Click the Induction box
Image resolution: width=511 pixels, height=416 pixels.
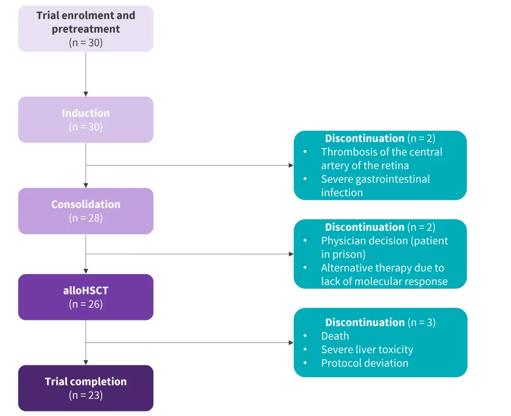[x=85, y=119]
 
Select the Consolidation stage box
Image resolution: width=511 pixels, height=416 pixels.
[x=85, y=211]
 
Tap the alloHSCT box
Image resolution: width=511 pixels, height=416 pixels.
[x=85, y=297]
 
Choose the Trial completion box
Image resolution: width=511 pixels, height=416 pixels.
[x=85, y=388]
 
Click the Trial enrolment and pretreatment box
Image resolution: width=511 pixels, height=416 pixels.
[x=85, y=29]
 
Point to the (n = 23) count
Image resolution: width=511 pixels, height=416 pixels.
[x=85, y=395]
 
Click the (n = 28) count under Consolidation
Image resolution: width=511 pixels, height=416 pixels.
[x=85, y=218]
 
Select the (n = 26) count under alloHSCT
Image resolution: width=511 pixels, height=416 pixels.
[x=85, y=305]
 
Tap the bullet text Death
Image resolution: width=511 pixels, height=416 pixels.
[x=335, y=336]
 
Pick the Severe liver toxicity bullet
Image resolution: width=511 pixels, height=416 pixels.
[x=367, y=350]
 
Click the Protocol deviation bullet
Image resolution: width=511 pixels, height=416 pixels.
[x=364, y=363]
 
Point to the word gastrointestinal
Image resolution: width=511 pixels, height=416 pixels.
[x=397, y=179]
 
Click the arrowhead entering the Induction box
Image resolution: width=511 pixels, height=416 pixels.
[x=86, y=94]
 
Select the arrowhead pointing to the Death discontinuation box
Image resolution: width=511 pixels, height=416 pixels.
[x=291, y=343]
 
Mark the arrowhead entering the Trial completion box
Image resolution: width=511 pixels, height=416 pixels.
[x=86, y=362]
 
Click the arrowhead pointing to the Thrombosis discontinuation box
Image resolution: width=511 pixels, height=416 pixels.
[x=291, y=166]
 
